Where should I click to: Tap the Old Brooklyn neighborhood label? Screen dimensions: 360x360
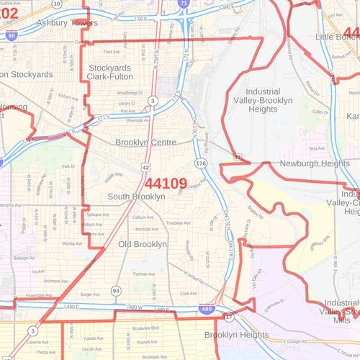click(x=143, y=245)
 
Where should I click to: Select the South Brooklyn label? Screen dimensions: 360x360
click(x=136, y=197)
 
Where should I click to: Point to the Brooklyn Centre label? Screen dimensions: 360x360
click(x=145, y=143)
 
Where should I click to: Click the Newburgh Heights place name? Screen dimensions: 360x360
click(x=300, y=164)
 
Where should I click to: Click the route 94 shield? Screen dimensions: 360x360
click(x=115, y=290)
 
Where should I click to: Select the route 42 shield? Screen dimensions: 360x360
click(x=145, y=167)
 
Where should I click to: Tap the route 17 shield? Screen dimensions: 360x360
click(x=229, y=317)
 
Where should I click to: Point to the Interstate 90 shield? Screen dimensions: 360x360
click(x=10, y=35)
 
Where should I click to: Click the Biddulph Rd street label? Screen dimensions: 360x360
click(x=24, y=258)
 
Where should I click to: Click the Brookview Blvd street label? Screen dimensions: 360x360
click(x=146, y=328)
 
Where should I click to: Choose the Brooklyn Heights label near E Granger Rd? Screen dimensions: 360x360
click(x=235, y=335)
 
